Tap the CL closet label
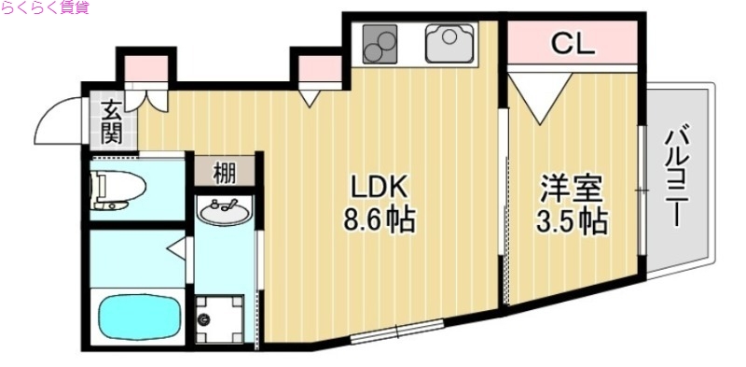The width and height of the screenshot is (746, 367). (x=572, y=43)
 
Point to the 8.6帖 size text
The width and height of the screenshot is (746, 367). (x=379, y=222)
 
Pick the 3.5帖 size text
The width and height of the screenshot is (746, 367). (x=573, y=222)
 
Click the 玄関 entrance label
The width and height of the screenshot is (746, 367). (x=111, y=121)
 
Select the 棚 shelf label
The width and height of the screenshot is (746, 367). (x=224, y=173)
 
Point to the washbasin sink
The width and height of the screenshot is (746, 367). (x=224, y=214)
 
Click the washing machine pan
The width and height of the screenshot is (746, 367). (x=220, y=319)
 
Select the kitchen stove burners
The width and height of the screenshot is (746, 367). (x=380, y=43)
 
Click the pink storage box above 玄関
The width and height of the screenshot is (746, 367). (x=145, y=68)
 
